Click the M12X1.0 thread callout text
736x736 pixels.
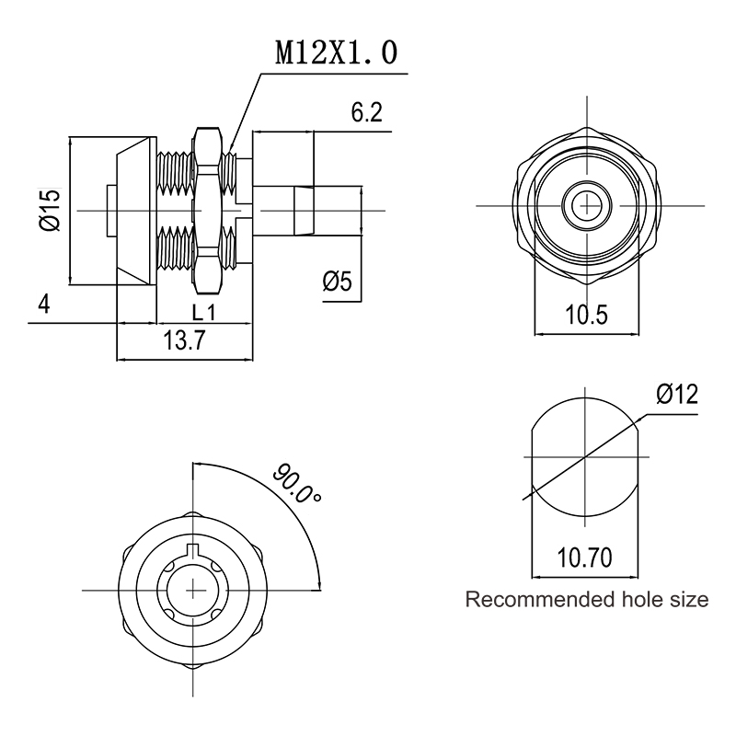[336, 52]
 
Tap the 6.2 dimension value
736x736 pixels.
[366, 112]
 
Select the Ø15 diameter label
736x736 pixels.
[51, 210]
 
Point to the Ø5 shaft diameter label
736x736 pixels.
[337, 282]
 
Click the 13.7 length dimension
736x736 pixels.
[184, 339]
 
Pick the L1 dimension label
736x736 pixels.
[203, 312]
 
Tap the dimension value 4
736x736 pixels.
[43, 305]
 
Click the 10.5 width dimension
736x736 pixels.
[586, 314]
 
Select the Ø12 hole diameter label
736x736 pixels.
[677, 394]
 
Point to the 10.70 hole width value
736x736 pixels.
[584, 558]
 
